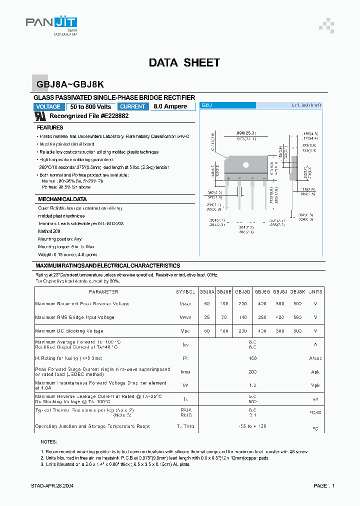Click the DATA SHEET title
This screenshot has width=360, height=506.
[x=184, y=62]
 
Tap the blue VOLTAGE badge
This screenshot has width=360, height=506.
[x=48, y=106]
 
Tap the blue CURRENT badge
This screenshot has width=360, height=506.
[x=133, y=106]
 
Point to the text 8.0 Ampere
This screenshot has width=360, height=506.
[x=170, y=106]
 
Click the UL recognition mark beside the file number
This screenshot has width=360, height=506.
[x=40, y=115]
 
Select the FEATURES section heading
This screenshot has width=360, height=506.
[x=50, y=128]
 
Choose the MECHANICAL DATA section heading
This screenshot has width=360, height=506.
[x=62, y=199]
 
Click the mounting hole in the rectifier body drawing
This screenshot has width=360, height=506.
[x=245, y=164]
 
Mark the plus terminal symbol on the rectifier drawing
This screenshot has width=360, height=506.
[x=228, y=178]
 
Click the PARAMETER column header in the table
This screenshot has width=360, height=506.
[x=103, y=291]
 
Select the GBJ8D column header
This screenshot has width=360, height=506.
[x=242, y=291]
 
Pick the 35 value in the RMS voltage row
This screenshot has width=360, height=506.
[x=207, y=317]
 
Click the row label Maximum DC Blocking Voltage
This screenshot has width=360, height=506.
[x=69, y=331]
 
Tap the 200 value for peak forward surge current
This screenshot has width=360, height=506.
[x=252, y=372]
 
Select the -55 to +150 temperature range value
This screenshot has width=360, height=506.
[x=252, y=426]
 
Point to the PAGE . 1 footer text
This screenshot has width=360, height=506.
[x=324, y=485]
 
